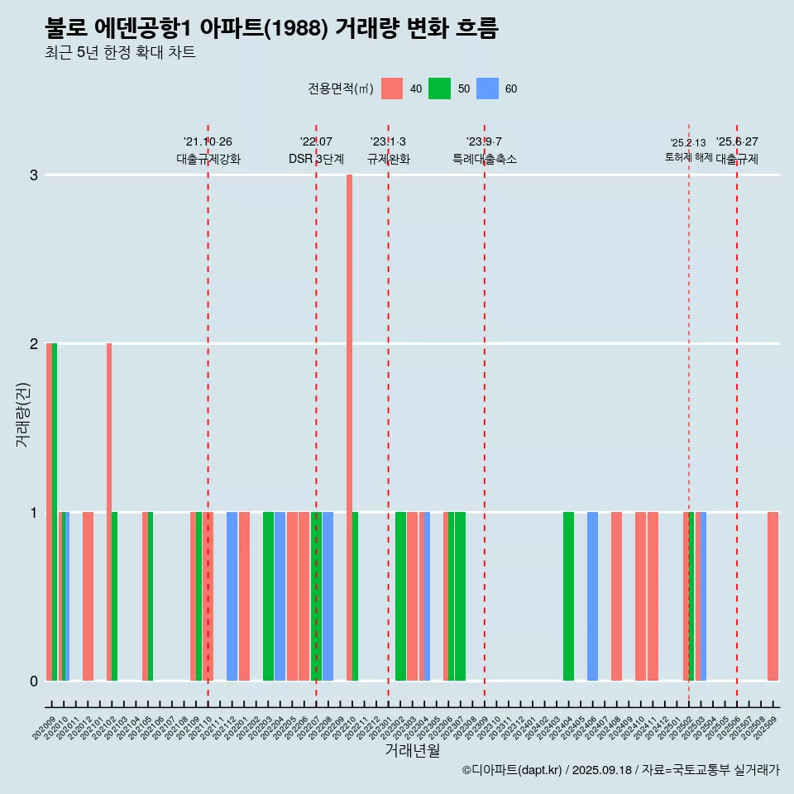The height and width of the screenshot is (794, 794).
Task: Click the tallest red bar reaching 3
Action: pos(349,427)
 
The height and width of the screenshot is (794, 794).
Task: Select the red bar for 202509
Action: pos(772,596)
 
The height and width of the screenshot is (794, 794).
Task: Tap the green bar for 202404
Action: pos(568,596)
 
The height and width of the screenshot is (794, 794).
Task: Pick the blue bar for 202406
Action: pos(592,596)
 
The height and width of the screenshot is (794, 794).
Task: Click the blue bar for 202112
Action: pos(232,596)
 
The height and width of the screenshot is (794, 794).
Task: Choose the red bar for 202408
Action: pos(616,596)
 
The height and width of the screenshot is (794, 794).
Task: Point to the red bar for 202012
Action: pos(88,596)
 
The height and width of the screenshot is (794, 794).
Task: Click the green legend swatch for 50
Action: pos(439,88)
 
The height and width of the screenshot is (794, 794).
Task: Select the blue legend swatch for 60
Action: pos(487,88)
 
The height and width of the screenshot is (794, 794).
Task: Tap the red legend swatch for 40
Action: pos(392,88)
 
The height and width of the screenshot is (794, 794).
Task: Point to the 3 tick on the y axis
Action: pos(34,175)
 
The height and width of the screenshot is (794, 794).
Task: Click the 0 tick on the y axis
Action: pos(34,682)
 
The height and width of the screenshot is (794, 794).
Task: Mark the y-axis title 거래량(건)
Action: pos(22,414)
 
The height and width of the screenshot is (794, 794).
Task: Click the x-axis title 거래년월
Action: pos(412,750)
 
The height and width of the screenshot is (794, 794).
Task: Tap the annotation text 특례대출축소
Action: pos(485,159)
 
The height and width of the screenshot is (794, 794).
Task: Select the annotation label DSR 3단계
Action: pos(316,159)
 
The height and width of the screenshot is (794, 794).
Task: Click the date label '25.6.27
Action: pos(737,142)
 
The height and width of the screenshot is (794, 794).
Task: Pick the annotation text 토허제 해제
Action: pos(688,157)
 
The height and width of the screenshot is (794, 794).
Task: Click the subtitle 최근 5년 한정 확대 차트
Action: pos(120,53)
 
